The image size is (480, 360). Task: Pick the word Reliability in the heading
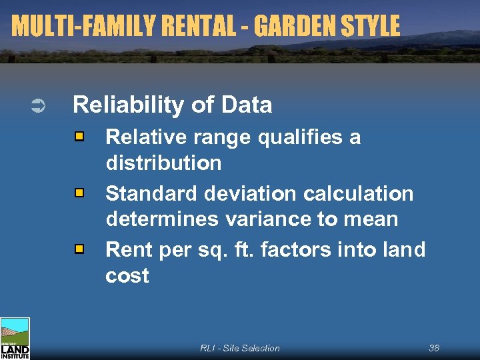click(x=127, y=105)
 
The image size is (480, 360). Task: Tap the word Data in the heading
click(x=246, y=105)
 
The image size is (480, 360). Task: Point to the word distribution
click(x=163, y=163)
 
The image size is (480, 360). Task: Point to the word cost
click(x=127, y=275)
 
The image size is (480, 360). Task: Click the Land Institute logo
click(x=15, y=338)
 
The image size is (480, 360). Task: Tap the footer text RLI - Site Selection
click(x=240, y=348)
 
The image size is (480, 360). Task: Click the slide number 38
click(x=434, y=348)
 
